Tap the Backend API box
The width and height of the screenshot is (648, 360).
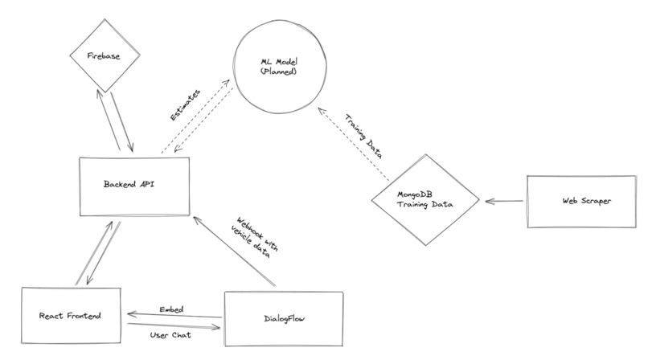click(x=134, y=184)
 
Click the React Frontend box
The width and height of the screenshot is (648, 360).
click(x=72, y=316)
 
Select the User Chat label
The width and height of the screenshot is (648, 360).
click(x=171, y=335)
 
